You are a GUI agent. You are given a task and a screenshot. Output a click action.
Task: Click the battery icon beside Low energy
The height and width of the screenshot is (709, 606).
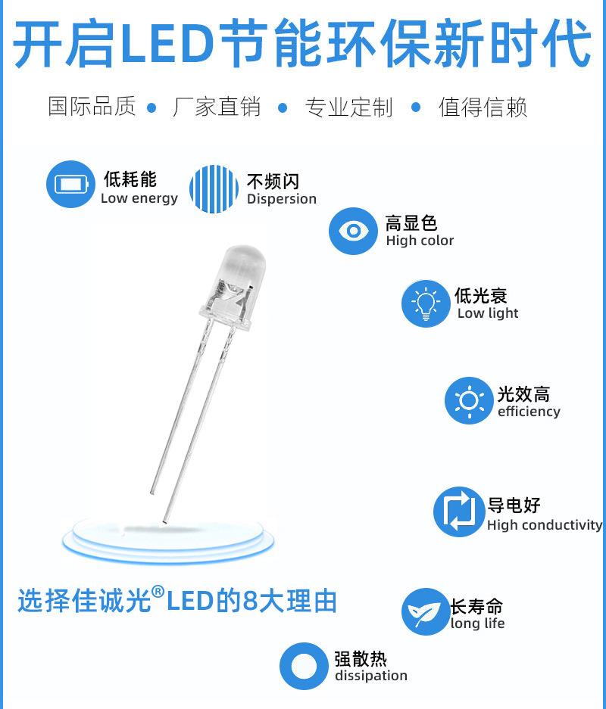[x=70, y=184]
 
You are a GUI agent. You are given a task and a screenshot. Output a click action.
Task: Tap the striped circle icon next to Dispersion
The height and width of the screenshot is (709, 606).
[x=214, y=188]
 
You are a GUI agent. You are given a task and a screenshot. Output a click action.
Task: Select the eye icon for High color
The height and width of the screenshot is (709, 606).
[x=353, y=231]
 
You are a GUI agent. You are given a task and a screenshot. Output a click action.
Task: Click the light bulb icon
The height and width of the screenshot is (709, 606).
[x=426, y=303]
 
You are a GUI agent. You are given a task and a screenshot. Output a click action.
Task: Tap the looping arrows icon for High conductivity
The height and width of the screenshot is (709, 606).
[x=458, y=512]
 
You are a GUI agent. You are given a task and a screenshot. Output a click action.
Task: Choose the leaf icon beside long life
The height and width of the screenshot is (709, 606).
[x=425, y=612]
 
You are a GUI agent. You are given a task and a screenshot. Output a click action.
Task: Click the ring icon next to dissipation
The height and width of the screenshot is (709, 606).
[x=304, y=666]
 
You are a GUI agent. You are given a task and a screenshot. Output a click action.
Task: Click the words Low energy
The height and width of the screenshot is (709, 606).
[x=139, y=199]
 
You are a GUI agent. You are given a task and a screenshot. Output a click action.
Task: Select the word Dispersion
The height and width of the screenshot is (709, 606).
[x=281, y=199]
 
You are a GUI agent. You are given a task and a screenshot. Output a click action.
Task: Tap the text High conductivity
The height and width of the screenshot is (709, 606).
[x=545, y=525]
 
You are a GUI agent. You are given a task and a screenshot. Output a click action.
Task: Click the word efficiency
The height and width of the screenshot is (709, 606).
[x=529, y=412]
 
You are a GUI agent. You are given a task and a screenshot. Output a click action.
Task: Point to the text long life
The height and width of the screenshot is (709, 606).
[x=477, y=623]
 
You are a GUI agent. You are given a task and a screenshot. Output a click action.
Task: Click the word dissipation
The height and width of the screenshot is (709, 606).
[x=371, y=676]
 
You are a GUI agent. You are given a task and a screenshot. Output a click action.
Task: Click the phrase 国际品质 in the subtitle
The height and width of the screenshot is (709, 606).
[x=92, y=107]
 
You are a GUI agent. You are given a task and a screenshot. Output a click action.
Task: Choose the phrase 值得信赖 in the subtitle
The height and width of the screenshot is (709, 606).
[x=483, y=107]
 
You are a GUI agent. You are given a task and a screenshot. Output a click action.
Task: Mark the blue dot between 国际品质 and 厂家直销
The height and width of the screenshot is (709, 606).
[x=151, y=107]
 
